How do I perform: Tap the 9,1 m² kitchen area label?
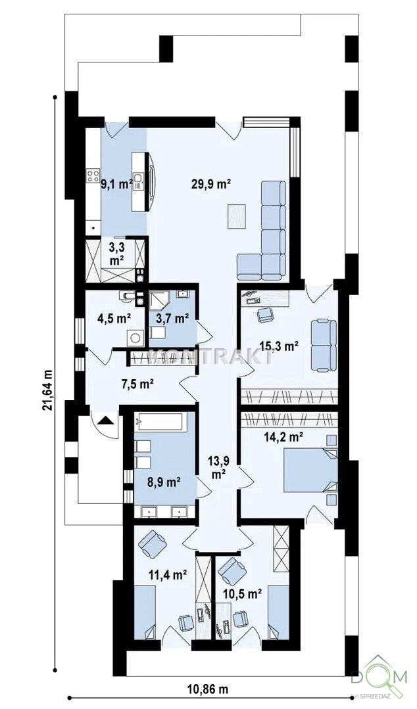(116, 184)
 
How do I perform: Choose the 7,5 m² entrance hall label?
(138, 384)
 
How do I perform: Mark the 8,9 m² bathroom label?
(164, 482)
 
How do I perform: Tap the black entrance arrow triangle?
(107, 420)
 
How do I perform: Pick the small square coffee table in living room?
(237, 216)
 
